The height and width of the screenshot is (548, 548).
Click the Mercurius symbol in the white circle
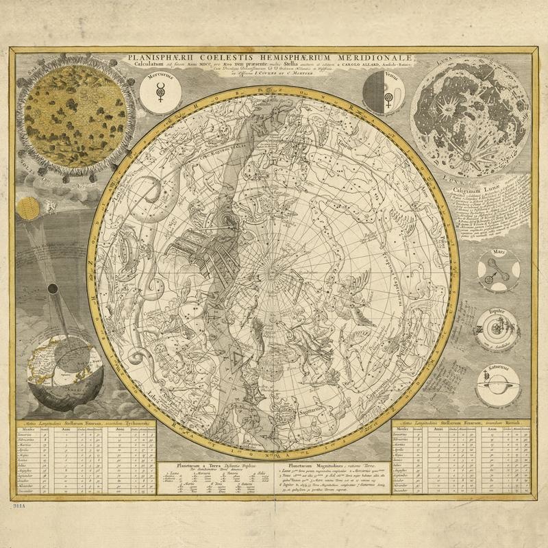pyautogui.click(x=158, y=89)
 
